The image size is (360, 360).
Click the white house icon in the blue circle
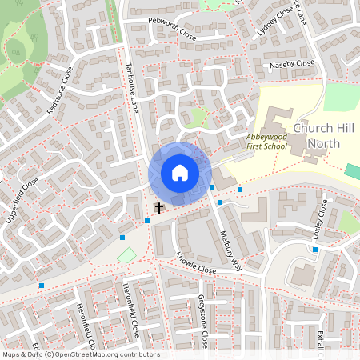coord(180,172)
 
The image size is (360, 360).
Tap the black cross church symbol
coord(158,208)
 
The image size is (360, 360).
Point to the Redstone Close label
coord(60,90)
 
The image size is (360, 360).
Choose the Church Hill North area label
coord(317,136)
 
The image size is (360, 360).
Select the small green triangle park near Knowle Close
coord(126,255)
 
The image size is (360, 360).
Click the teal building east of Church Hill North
coord(352,171)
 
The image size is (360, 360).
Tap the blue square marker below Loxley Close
coord(315,250)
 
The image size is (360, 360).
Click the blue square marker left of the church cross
coord(147,221)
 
